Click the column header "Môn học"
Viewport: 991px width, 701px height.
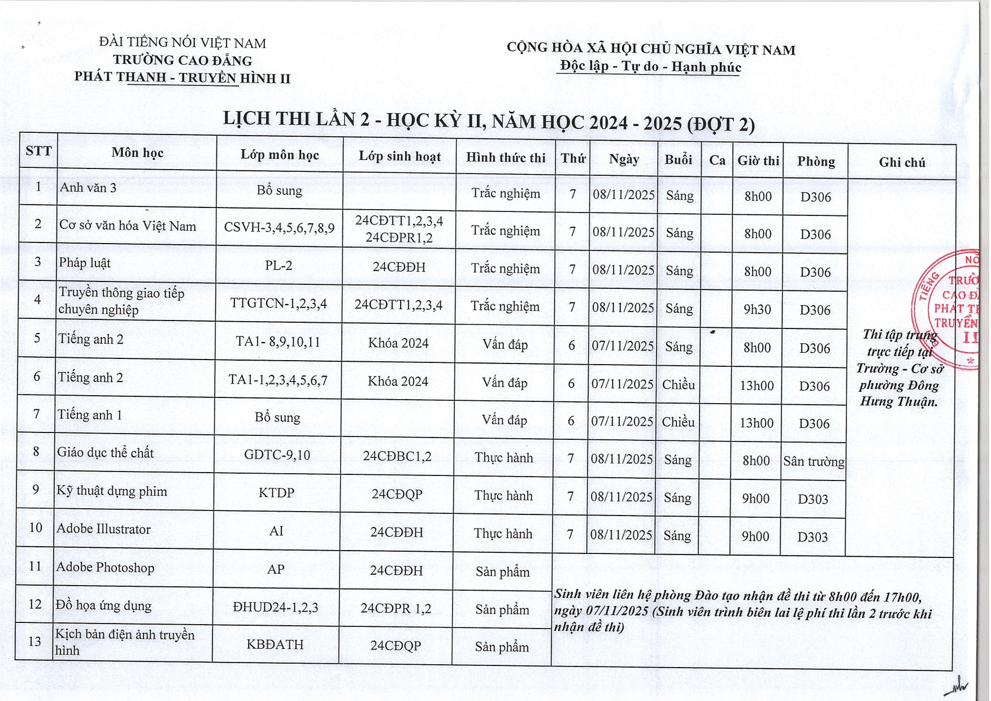pos(137,153)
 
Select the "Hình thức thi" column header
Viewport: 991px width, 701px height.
pos(506,158)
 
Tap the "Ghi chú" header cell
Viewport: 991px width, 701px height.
pos(902,163)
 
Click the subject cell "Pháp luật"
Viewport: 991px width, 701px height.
pos(85,263)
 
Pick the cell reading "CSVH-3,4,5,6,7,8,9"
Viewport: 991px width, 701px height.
pos(279,228)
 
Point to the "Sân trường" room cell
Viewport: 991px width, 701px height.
pos(814,461)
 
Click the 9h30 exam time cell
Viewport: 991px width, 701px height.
pos(757,309)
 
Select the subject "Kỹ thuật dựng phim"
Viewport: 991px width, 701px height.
pos(112,491)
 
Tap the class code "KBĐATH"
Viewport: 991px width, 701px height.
pos(275,644)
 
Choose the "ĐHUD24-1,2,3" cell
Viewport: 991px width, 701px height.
pos(276,607)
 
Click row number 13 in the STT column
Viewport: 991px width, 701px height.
pos(35,641)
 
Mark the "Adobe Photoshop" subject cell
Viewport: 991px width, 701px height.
pos(105,568)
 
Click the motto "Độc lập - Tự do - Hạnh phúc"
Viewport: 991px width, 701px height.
pos(650,67)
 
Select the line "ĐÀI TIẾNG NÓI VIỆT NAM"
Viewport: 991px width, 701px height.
pos(182,43)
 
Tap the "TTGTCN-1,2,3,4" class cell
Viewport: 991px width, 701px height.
pos(279,304)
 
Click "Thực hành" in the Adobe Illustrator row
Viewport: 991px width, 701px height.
pos(503,534)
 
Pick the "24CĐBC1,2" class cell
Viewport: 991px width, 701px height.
pos(397,456)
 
